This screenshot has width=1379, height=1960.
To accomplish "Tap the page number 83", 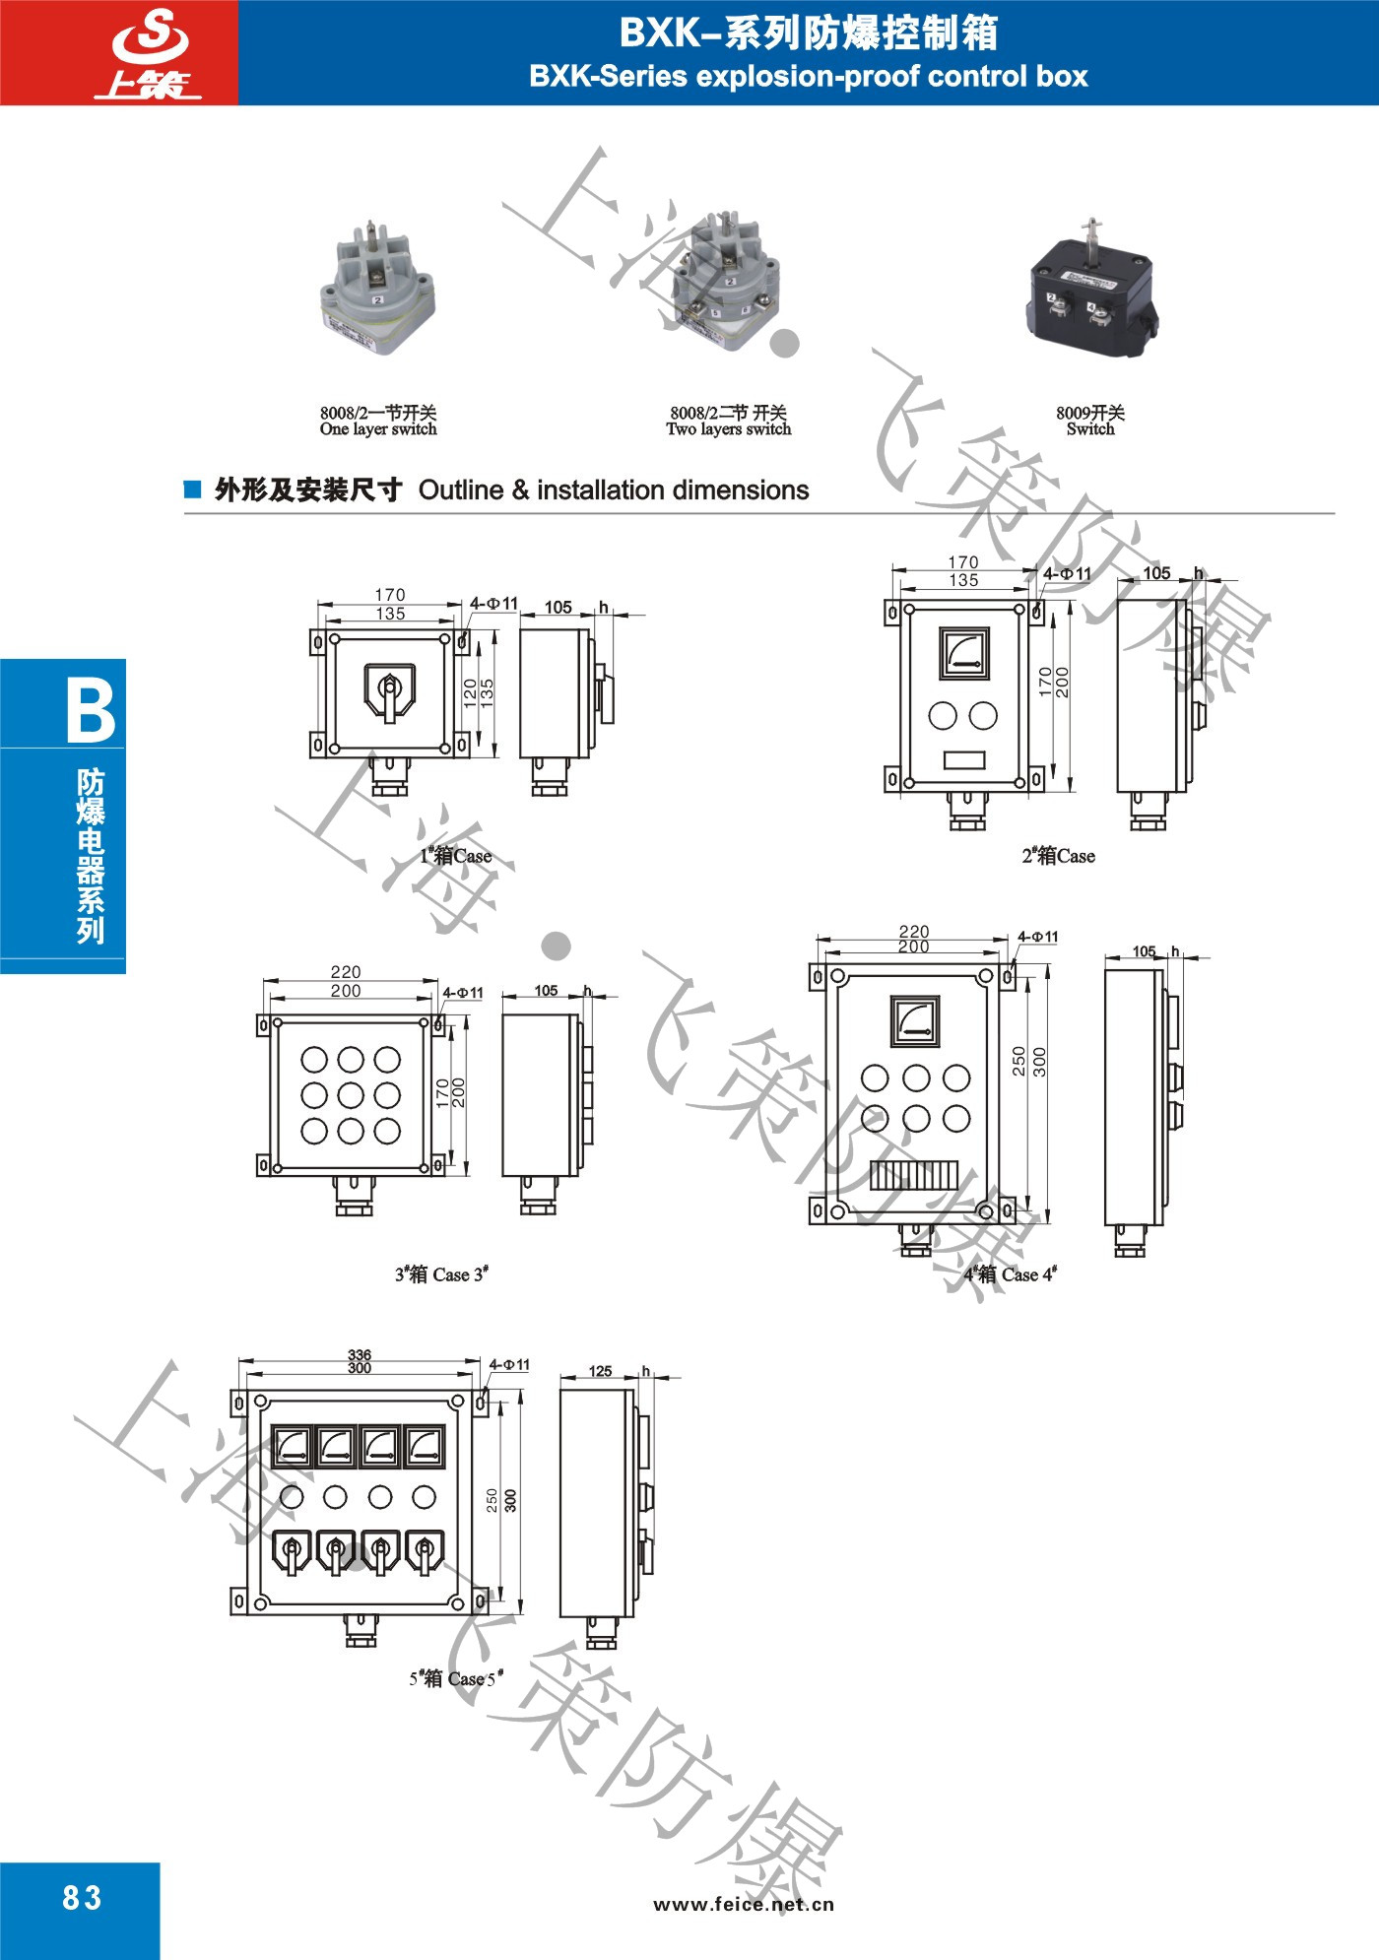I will (82, 1897).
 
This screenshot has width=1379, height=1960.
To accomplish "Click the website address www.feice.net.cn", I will (744, 1904).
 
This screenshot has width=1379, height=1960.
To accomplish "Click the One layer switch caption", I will (378, 429).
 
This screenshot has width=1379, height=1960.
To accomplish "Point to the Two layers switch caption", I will (729, 429).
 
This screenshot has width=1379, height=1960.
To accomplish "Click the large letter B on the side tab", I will (91, 709).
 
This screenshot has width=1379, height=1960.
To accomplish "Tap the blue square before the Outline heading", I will (193, 490).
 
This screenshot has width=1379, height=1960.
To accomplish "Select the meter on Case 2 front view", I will (963, 654).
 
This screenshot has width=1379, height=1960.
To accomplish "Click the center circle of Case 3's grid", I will (351, 1094).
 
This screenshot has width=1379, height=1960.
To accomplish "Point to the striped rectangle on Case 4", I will (914, 1175).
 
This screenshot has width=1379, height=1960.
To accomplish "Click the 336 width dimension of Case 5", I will (360, 1355).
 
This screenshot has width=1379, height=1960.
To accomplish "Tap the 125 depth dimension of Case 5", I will (600, 1371).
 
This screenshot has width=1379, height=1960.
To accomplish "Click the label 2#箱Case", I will (1058, 856).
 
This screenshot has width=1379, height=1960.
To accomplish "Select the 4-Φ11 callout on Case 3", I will (463, 993).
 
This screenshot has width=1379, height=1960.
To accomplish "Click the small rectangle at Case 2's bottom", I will (964, 760).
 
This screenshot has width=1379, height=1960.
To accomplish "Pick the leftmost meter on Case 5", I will (292, 1447).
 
